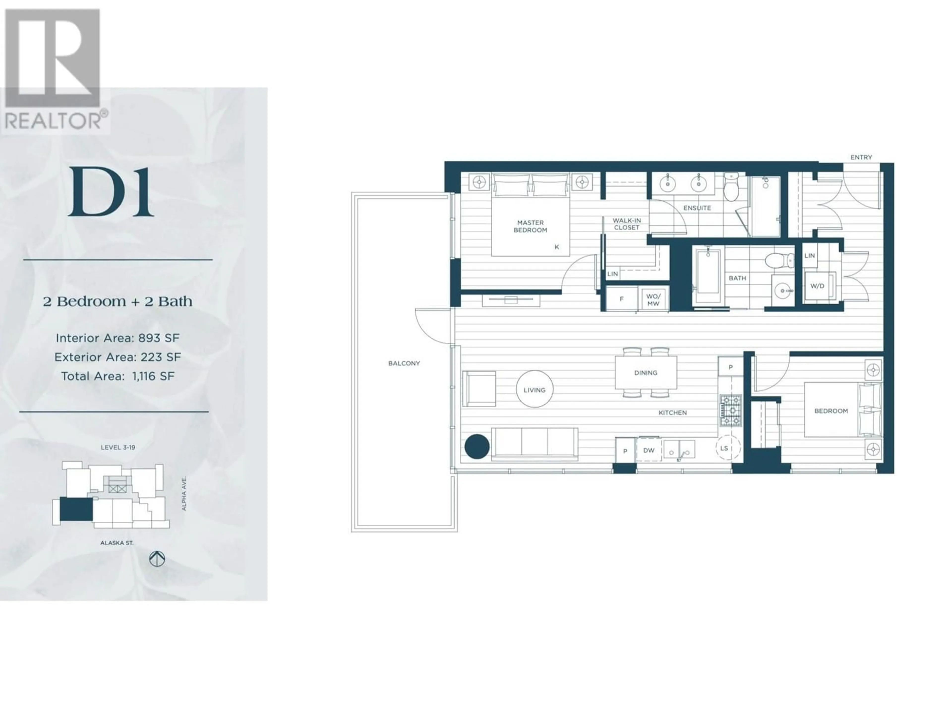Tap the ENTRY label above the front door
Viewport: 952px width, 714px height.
coord(861,157)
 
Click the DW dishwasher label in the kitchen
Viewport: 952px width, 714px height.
coord(649,450)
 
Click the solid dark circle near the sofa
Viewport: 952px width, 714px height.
coord(477,446)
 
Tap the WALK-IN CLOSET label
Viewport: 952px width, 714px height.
coord(627,224)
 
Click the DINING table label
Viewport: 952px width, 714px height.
coord(646,373)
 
